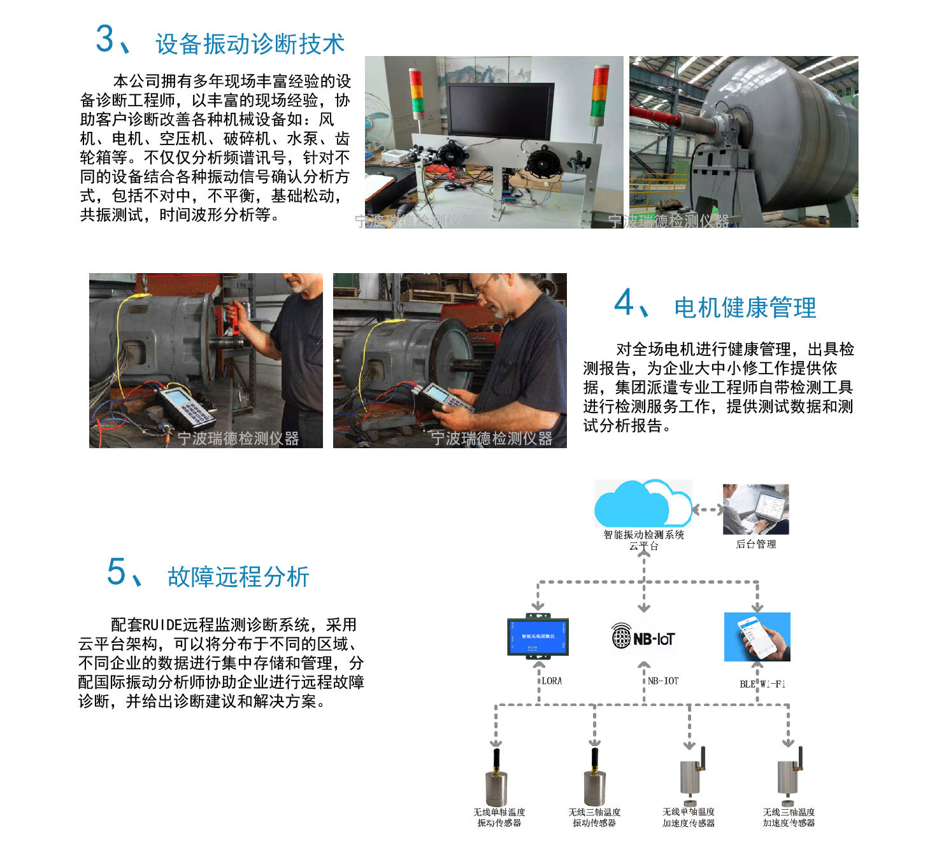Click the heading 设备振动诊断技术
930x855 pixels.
[x=250, y=44]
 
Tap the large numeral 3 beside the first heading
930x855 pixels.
[x=104, y=39]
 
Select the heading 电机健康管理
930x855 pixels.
[x=745, y=307]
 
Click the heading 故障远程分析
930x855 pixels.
[x=238, y=577]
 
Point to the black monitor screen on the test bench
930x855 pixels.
[x=499, y=111]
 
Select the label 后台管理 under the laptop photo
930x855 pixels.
[x=755, y=544]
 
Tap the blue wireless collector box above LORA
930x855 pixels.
[x=538, y=636]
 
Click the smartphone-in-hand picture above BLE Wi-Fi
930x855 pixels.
[x=757, y=637]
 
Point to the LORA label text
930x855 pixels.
[x=552, y=681]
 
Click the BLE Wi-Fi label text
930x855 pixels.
[x=762, y=684]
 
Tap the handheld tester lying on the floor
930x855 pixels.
[x=186, y=407]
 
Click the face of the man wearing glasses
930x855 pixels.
[x=489, y=295]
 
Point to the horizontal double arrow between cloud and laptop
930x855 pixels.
[x=707, y=509]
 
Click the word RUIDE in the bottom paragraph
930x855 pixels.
[x=162, y=625]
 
